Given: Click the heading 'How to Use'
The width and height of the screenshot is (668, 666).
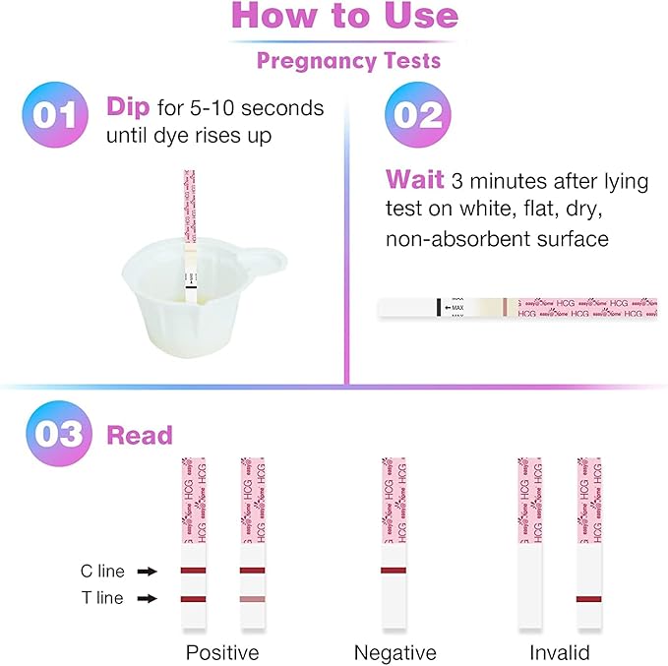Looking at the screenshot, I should (x=344, y=17).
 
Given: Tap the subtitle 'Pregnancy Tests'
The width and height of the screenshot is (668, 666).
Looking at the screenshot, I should (x=348, y=61).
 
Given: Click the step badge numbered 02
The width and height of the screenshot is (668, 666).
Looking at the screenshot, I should (x=417, y=114).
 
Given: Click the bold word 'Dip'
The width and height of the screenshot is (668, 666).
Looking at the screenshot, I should (x=129, y=106).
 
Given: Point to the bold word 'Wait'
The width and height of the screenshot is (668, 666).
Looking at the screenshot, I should (x=413, y=180).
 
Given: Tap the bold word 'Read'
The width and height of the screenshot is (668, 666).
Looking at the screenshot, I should (x=139, y=435).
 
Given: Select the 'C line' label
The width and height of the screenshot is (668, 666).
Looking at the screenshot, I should (x=102, y=571).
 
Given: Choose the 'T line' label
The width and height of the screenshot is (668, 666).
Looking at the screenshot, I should (x=102, y=598).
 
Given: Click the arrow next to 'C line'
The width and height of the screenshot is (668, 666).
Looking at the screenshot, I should (x=147, y=571).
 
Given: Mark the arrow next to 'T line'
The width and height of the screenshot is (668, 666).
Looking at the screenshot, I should (x=147, y=598).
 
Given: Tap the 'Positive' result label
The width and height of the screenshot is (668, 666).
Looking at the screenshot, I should (x=222, y=652).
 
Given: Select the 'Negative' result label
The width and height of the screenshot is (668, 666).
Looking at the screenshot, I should (x=394, y=652).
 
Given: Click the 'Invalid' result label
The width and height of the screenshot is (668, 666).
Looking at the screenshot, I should (x=560, y=652).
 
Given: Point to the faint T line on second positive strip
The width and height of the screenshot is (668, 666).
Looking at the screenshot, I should (x=252, y=598).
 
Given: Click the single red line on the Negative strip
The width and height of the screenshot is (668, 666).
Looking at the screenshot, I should (x=394, y=571).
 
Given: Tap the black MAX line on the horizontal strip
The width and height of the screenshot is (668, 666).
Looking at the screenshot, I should (x=438, y=308).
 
